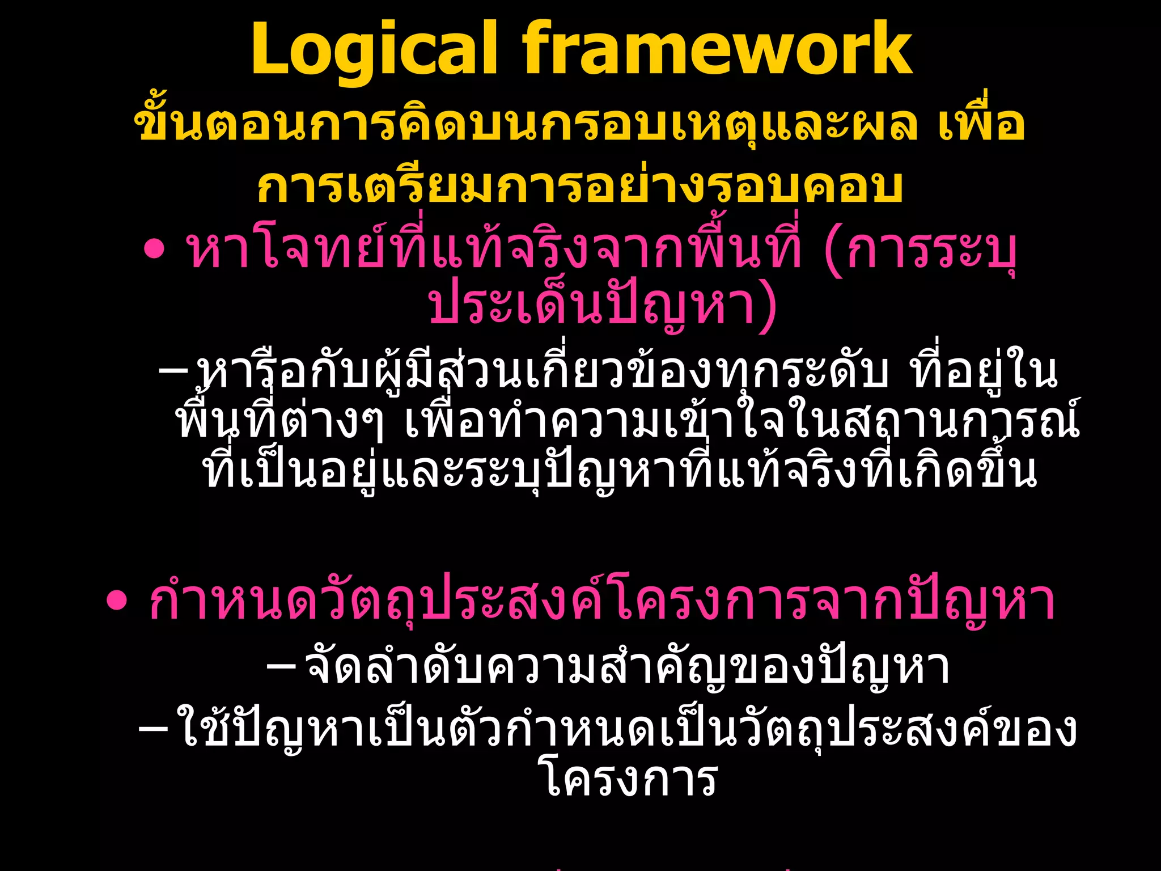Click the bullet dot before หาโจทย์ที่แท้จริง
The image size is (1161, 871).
[x=154, y=250]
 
